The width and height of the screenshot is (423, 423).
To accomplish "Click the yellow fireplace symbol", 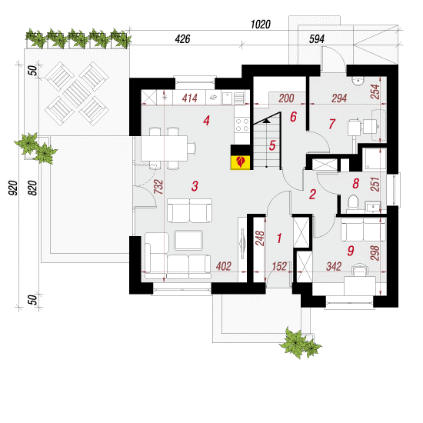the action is coord(241,162).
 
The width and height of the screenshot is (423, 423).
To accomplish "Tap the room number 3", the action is coord(195,186).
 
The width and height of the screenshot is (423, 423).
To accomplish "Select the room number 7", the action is coord(331,124).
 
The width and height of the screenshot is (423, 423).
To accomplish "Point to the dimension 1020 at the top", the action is coord(260,25).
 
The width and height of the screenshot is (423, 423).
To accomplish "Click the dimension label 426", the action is coord(182,39).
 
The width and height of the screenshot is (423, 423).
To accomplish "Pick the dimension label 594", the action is coord(316,39).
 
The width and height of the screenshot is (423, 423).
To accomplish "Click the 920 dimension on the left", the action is coord(12,188).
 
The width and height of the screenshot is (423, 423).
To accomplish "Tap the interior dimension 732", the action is coord(158,187).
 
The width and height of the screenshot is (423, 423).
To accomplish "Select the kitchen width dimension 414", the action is coord(190,98).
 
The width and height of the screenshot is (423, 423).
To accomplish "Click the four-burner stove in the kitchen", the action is coord(242,125).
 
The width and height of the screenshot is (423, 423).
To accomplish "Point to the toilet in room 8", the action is coord(353,202).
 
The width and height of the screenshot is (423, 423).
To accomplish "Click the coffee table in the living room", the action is coord(188,240).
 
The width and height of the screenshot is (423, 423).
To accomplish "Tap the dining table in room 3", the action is coord(165,148).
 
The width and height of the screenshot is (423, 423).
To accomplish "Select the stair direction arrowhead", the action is coord(266,121).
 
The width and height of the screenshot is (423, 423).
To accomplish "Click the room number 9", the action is coord(351,251).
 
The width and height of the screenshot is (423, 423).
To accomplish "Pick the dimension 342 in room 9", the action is coord(334,267).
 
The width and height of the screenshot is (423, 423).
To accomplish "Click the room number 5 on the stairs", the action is coord(272,145).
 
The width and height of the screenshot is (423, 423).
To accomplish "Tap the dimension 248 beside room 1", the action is coord(260,238).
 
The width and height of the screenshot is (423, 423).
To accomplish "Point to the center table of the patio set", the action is coord(77,94).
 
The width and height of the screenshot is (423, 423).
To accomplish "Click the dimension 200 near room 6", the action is coord(286,98).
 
